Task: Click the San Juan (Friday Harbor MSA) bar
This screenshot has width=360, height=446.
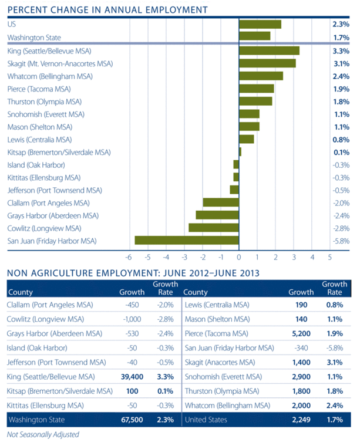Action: coord(187,240)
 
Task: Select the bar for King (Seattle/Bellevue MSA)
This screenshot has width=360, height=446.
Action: coord(270,50)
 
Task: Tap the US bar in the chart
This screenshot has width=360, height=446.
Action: coord(260,24)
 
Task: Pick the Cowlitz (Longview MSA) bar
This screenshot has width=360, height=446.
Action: coord(214,227)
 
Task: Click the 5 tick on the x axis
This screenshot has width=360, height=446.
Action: coord(330,256)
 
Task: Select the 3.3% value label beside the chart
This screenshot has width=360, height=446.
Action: coord(341,51)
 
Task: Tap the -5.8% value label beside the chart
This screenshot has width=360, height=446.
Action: coord(341,241)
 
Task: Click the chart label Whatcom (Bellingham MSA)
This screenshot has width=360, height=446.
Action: coord(46,76)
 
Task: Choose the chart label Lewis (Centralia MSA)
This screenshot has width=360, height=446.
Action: coord(39,140)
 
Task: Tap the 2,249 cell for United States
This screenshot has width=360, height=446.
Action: coord(298,420)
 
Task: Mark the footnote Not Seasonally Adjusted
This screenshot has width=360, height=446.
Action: coord(43,435)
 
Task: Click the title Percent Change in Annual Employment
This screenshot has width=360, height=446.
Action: coord(107,9)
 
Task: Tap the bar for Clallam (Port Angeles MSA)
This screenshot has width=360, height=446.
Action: coord(221,202)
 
